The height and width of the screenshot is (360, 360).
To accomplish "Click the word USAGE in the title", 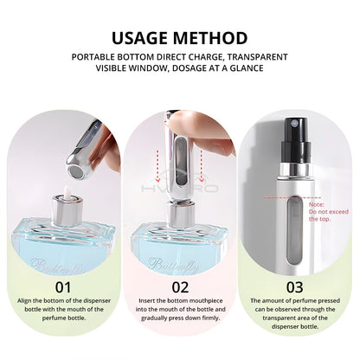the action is tap(139, 38).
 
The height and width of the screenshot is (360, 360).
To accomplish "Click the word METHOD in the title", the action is tap(210, 38).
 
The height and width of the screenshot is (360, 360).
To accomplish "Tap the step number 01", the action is tap(63, 287).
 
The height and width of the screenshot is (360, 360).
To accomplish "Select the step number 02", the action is tap(180, 287).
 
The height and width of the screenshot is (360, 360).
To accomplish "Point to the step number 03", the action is tap(294, 287).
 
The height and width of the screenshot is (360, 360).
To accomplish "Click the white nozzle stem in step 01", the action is tap(67, 192).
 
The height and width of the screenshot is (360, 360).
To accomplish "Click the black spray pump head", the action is tap(296, 140).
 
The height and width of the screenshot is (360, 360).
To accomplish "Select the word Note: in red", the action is tap(317, 205).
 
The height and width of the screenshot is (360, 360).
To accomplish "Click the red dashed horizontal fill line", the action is tap(292, 197).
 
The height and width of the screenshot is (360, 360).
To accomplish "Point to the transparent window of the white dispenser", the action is tap(295, 231).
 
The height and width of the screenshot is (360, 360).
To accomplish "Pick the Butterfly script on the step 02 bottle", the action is tap(173, 265).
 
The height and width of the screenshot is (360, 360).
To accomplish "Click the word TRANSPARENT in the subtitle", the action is tap(257, 57).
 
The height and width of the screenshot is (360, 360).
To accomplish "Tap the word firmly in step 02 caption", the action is tap(211, 318).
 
